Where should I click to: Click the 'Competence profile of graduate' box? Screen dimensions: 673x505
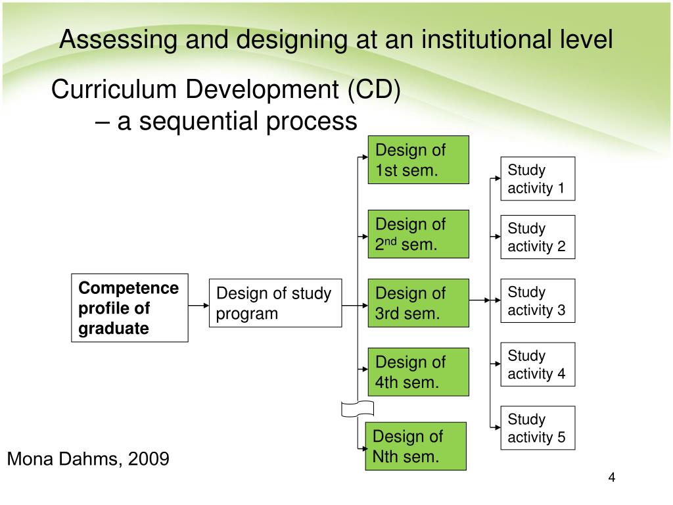pos(129,308)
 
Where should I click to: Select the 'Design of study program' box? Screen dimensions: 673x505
pos(275,303)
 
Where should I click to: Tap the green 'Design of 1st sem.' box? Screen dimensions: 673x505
pos(417,160)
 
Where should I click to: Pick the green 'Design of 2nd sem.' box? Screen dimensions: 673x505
pos(417,234)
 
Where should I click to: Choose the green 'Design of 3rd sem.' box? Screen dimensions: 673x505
pos(417,303)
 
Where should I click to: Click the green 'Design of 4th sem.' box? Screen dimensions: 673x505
pos(417,372)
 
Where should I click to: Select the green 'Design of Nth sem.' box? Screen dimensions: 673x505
pos(415,446)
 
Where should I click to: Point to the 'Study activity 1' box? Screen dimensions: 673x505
pos(538,179)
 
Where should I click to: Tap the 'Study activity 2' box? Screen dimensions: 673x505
pos(538,237)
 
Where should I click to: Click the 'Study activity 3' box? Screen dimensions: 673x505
pos(538,301)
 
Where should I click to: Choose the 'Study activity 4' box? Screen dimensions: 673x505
pos(538,365)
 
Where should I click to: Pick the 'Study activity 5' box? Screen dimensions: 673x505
pos(538,428)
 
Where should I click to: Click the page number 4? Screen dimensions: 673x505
pos(612,478)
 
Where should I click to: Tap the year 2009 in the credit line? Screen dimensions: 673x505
pos(149,459)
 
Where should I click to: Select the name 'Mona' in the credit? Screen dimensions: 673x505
pos(29,459)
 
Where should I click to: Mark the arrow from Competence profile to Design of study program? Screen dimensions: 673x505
pos(198,305)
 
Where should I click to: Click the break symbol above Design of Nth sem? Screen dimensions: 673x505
pos(358,408)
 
